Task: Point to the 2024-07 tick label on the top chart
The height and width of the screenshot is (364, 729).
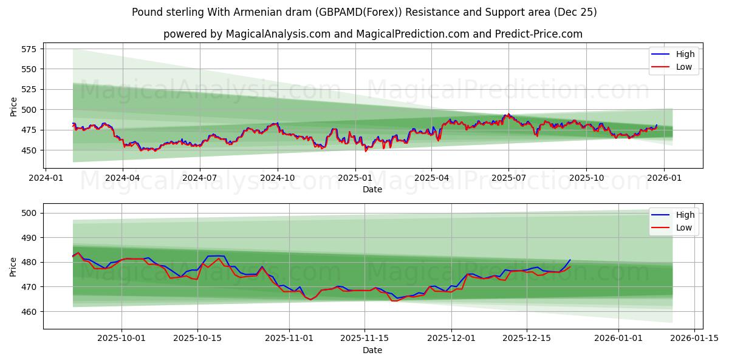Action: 200,178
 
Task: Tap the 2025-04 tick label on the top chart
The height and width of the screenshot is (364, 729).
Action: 431,178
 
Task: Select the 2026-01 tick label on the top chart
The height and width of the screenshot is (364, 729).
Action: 663,178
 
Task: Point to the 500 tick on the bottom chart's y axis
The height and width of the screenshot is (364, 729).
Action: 30,213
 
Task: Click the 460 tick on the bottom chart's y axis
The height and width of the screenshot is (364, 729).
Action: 30,311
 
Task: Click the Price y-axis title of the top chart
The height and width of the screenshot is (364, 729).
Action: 14,106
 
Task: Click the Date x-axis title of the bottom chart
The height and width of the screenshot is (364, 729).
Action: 372,350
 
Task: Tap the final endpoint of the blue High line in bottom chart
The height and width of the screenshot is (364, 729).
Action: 570,260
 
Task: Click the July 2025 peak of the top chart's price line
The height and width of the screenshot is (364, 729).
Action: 506,114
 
